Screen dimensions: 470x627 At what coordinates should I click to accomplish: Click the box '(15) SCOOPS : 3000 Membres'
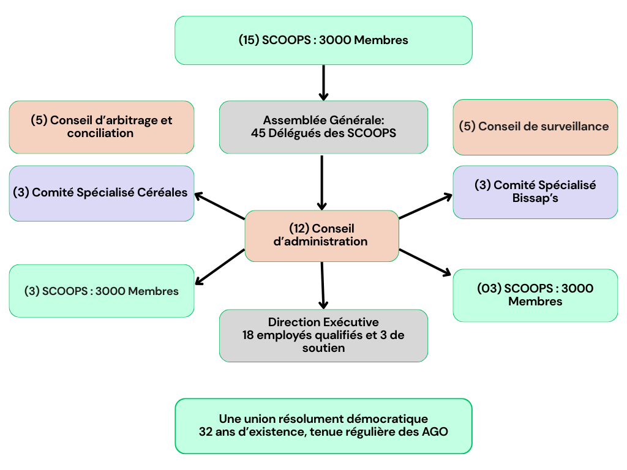(323, 40)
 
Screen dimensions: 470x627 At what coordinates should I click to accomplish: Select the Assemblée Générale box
(323, 127)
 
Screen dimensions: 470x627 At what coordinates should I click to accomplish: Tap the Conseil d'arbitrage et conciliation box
(102, 127)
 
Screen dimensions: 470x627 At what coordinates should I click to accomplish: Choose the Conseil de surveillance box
(535, 127)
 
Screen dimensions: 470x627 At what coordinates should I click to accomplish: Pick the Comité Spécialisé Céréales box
(102, 193)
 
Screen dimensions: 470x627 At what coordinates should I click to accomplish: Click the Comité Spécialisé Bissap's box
(535, 192)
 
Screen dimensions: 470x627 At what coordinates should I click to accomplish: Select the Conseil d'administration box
(322, 236)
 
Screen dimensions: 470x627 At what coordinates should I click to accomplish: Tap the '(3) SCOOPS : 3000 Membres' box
(102, 291)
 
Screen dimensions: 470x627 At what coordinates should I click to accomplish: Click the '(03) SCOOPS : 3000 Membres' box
(535, 295)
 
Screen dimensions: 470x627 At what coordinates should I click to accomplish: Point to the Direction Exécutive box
(323, 335)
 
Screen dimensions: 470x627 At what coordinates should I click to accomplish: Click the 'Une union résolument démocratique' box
(323, 426)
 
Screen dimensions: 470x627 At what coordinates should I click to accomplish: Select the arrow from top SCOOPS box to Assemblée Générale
(323, 83)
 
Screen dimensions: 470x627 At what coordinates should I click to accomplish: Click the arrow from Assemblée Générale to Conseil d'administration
(322, 182)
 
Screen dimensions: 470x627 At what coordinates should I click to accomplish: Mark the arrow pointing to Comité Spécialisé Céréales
(219, 206)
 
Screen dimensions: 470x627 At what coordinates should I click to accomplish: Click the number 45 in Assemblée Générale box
(258, 132)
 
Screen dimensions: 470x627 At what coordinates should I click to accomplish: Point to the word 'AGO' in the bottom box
(435, 432)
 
